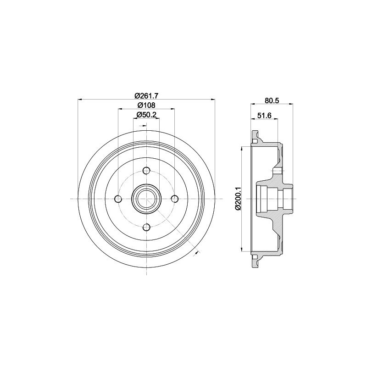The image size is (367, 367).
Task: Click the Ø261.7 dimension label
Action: click(146, 95)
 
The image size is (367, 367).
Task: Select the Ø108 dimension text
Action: click(146, 106)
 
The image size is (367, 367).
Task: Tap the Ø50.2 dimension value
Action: click(146, 115)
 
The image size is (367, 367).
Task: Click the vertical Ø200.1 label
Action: click(238, 199)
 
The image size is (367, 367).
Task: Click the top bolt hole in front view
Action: click(146, 171)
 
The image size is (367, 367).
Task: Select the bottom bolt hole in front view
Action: click(146, 227)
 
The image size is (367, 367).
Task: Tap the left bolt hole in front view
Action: click(118, 199)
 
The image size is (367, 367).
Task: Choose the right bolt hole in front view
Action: click(175, 199)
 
